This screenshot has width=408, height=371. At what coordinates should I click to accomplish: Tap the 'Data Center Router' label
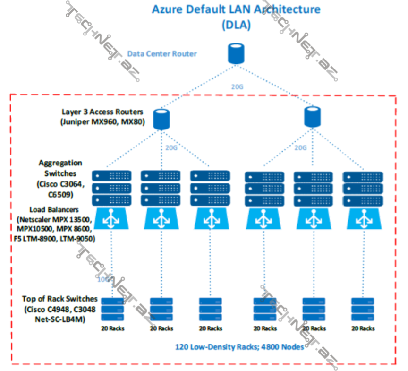click(x=162, y=54)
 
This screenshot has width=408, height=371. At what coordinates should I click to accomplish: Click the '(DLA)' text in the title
click(x=236, y=26)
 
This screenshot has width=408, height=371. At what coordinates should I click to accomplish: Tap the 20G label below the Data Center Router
click(x=237, y=86)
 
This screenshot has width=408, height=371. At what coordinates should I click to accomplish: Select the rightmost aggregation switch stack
click(x=363, y=189)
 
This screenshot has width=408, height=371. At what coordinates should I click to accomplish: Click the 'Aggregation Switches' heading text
click(x=60, y=168)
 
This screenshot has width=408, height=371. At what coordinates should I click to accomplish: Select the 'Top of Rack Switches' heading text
click(x=60, y=299)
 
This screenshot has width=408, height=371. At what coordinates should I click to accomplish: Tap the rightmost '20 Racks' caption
click(x=363, y=328)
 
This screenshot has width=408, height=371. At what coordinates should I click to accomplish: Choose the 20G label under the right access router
click(x=301, y=147)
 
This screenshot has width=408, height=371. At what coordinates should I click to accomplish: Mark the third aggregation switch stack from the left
click(x=211, y=188)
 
